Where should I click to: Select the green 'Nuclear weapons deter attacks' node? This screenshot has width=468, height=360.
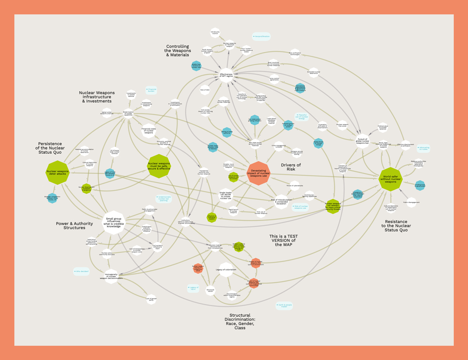(x=57, y=173)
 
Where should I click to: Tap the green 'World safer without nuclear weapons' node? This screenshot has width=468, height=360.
(x=390, y=179)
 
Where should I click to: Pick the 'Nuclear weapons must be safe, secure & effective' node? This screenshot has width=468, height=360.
(x=159, y=166)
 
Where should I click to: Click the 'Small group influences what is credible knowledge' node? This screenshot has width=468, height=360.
(x=113, y=222)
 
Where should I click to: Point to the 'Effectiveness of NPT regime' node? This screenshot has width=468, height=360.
(x=226, y=75)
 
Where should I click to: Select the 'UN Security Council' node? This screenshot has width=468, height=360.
(x=215, y=32)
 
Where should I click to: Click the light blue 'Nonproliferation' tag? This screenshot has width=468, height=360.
(x=261, y=36)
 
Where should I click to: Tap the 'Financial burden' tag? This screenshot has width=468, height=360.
(x=152, y=90)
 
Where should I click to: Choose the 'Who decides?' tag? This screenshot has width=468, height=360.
(x=81, y=271)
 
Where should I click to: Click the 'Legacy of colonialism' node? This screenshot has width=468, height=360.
(x=226, y=270)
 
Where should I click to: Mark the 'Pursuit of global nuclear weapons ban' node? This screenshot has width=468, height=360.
(x=363, y=141)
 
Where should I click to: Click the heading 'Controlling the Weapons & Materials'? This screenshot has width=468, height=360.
(x=177, y=51)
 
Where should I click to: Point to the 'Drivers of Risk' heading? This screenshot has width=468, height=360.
(x=291, y=167)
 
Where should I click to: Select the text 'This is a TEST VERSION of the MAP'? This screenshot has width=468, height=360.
(x=284, y=240)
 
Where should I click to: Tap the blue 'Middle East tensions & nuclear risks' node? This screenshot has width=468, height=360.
(x=196, y=66)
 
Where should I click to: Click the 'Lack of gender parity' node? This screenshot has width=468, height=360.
(x=151, y=299)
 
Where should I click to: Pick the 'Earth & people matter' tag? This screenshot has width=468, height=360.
(x=284, y=306)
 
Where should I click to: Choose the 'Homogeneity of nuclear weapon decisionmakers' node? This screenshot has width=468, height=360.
(x=111, y=276)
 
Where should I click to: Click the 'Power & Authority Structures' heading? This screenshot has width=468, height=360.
(x=75, y=226)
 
